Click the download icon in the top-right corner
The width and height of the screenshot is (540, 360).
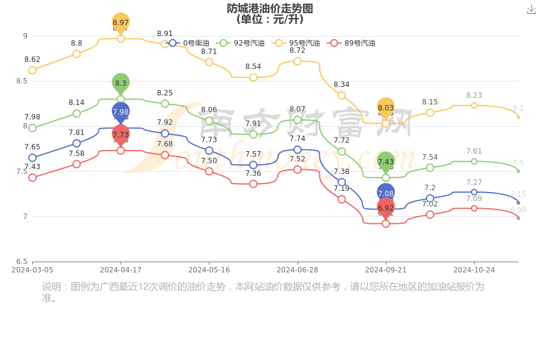point(531,10)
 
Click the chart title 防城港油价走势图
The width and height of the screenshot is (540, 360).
point(270,8)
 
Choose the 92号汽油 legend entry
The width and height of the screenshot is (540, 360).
point(241,43)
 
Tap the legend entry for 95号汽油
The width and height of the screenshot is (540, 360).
point(296,43)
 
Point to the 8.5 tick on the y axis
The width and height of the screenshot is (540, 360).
point(22,81)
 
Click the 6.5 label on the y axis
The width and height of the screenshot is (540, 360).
point(22,262)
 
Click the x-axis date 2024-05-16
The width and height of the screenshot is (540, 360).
point(209,270)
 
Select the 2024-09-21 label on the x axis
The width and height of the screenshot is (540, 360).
point(386,270)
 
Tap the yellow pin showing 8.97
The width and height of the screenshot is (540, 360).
point(121,23)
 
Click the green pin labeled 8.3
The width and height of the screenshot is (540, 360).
point(121,83)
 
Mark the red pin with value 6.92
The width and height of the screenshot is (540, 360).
point(386,208)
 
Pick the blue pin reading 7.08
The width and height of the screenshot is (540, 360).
point(386,193)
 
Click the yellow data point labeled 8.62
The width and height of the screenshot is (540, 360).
point(32,70)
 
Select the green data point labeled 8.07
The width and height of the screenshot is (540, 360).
point(298,120)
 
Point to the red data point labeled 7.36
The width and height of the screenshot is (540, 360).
point(253,184)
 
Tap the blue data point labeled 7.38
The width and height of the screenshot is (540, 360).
point(341,182)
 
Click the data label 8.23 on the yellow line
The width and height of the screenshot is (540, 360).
point(474,95)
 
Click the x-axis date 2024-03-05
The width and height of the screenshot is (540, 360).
point(32,270)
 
